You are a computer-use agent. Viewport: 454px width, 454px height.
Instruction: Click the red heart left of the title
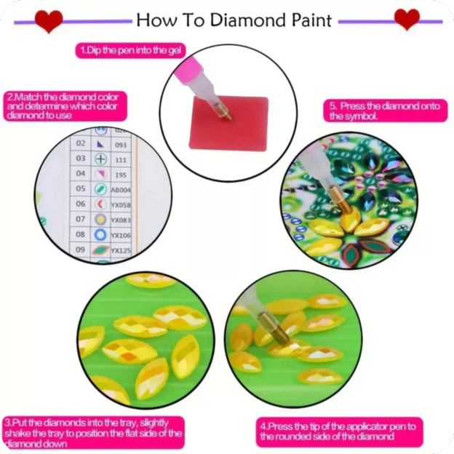[x=49, y=21]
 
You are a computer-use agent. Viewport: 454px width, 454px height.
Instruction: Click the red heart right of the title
[x=407, y=20]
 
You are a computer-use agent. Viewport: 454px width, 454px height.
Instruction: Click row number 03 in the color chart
[x=81, y=158]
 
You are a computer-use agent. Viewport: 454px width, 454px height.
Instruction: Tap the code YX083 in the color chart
[x=121, y=220]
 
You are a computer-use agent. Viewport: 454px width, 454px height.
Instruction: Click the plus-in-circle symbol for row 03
[x=100, y=159]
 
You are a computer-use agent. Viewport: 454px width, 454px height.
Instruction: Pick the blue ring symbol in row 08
[x=100, y=235]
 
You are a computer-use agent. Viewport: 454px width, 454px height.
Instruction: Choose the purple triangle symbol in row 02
[x=100, y=143]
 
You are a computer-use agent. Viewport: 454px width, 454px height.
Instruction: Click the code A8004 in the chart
[x=121, y=189]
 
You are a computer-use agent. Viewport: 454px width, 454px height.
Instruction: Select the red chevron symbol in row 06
[x=100, y=204]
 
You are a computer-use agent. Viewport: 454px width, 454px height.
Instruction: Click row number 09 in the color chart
[x=81, y=250]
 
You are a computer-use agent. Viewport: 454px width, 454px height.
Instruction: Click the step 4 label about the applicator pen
[x=339, y=431]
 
